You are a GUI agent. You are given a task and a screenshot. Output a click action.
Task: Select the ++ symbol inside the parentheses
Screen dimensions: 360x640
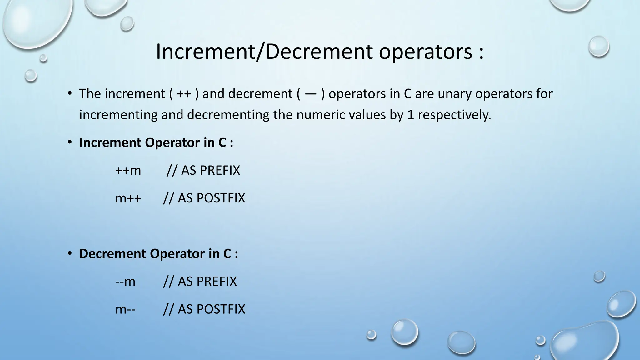(184, 94)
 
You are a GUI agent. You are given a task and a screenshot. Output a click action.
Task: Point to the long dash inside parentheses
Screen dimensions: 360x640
(310, 94)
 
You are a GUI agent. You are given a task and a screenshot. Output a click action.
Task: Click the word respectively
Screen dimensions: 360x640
(454, 115)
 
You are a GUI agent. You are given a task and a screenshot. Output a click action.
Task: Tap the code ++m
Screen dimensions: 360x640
(128, 171)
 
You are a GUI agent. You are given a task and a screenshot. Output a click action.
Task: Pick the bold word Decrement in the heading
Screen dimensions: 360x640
(112, 254)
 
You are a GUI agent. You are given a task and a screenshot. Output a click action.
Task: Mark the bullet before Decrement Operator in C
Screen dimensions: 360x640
(70, 253)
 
